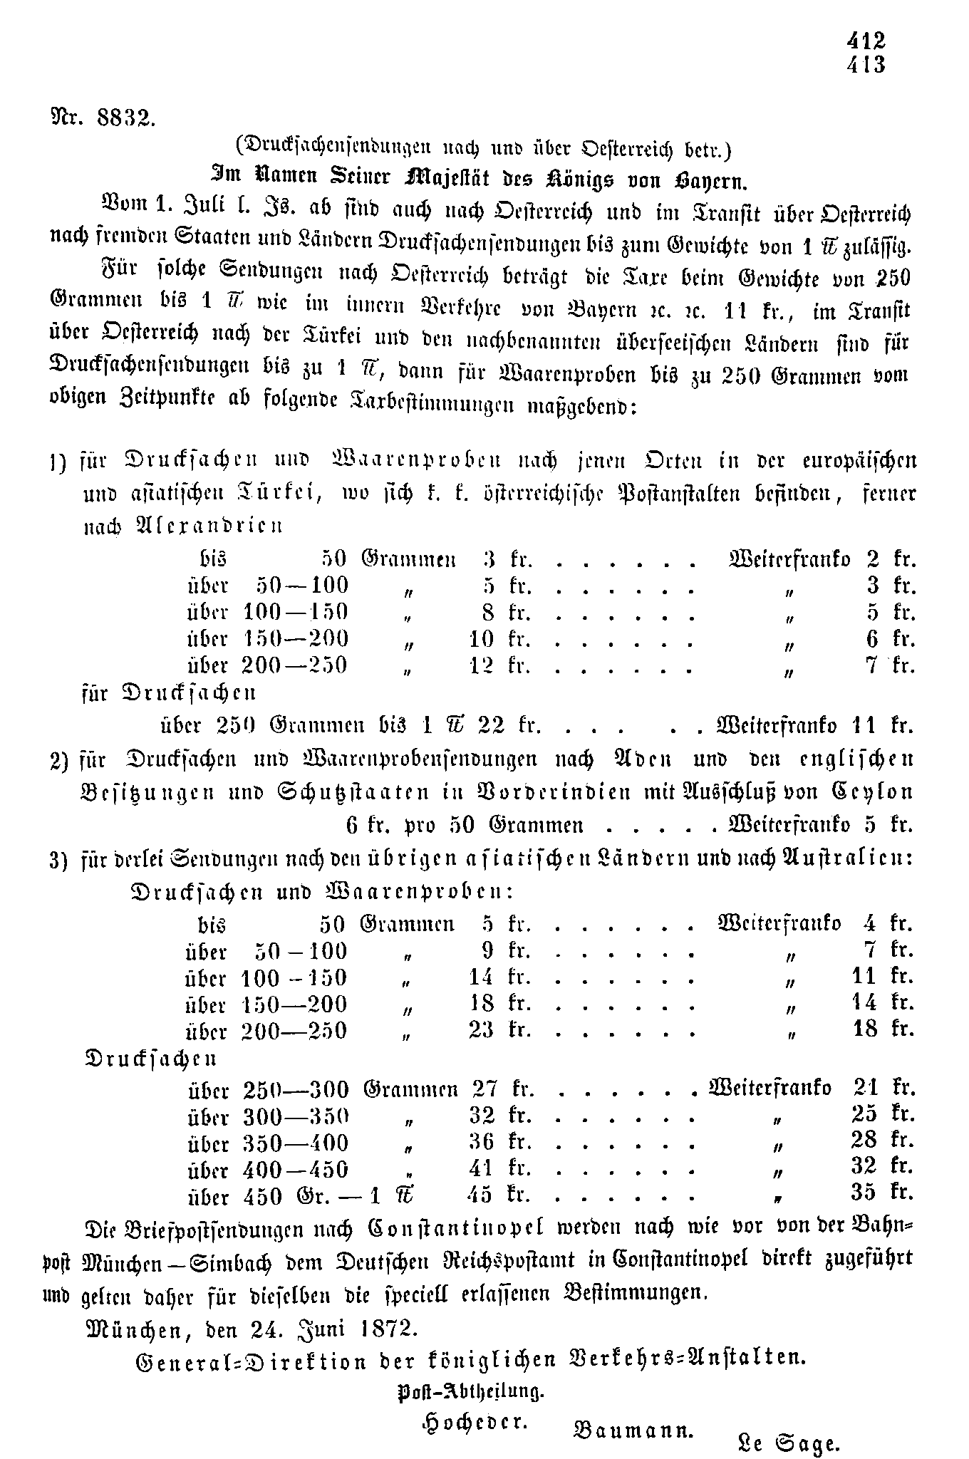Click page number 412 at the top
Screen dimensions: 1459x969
pos(866,41)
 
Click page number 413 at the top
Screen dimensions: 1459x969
pos(866,65)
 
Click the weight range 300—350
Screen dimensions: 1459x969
pos(296,1116)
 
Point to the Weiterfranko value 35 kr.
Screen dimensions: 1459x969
pos(881,1192)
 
